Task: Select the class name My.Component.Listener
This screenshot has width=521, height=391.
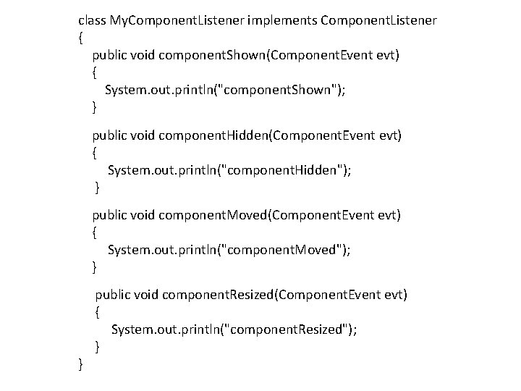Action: coord(177,20)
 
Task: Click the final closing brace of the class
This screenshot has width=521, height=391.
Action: coord(80,364)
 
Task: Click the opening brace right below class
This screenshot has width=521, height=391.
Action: coord(80,38)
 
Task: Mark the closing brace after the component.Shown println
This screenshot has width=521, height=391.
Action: coord(94,107)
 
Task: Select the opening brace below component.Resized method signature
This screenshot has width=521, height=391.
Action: coord(97,312)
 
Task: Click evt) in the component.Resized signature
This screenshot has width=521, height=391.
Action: coord(396,295)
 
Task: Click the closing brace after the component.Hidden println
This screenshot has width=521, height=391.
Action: coord(97,188)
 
